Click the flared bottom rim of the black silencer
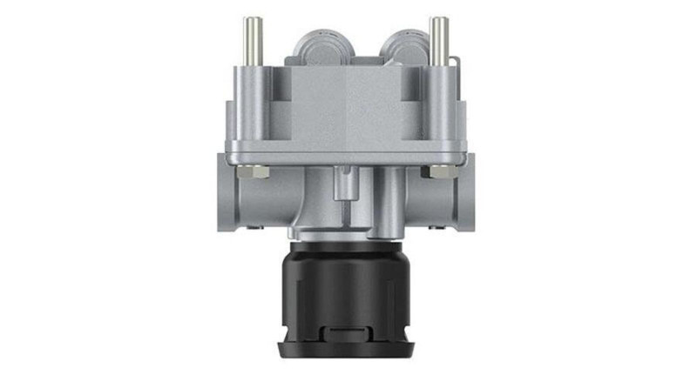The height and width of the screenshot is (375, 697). pos(348,352)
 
